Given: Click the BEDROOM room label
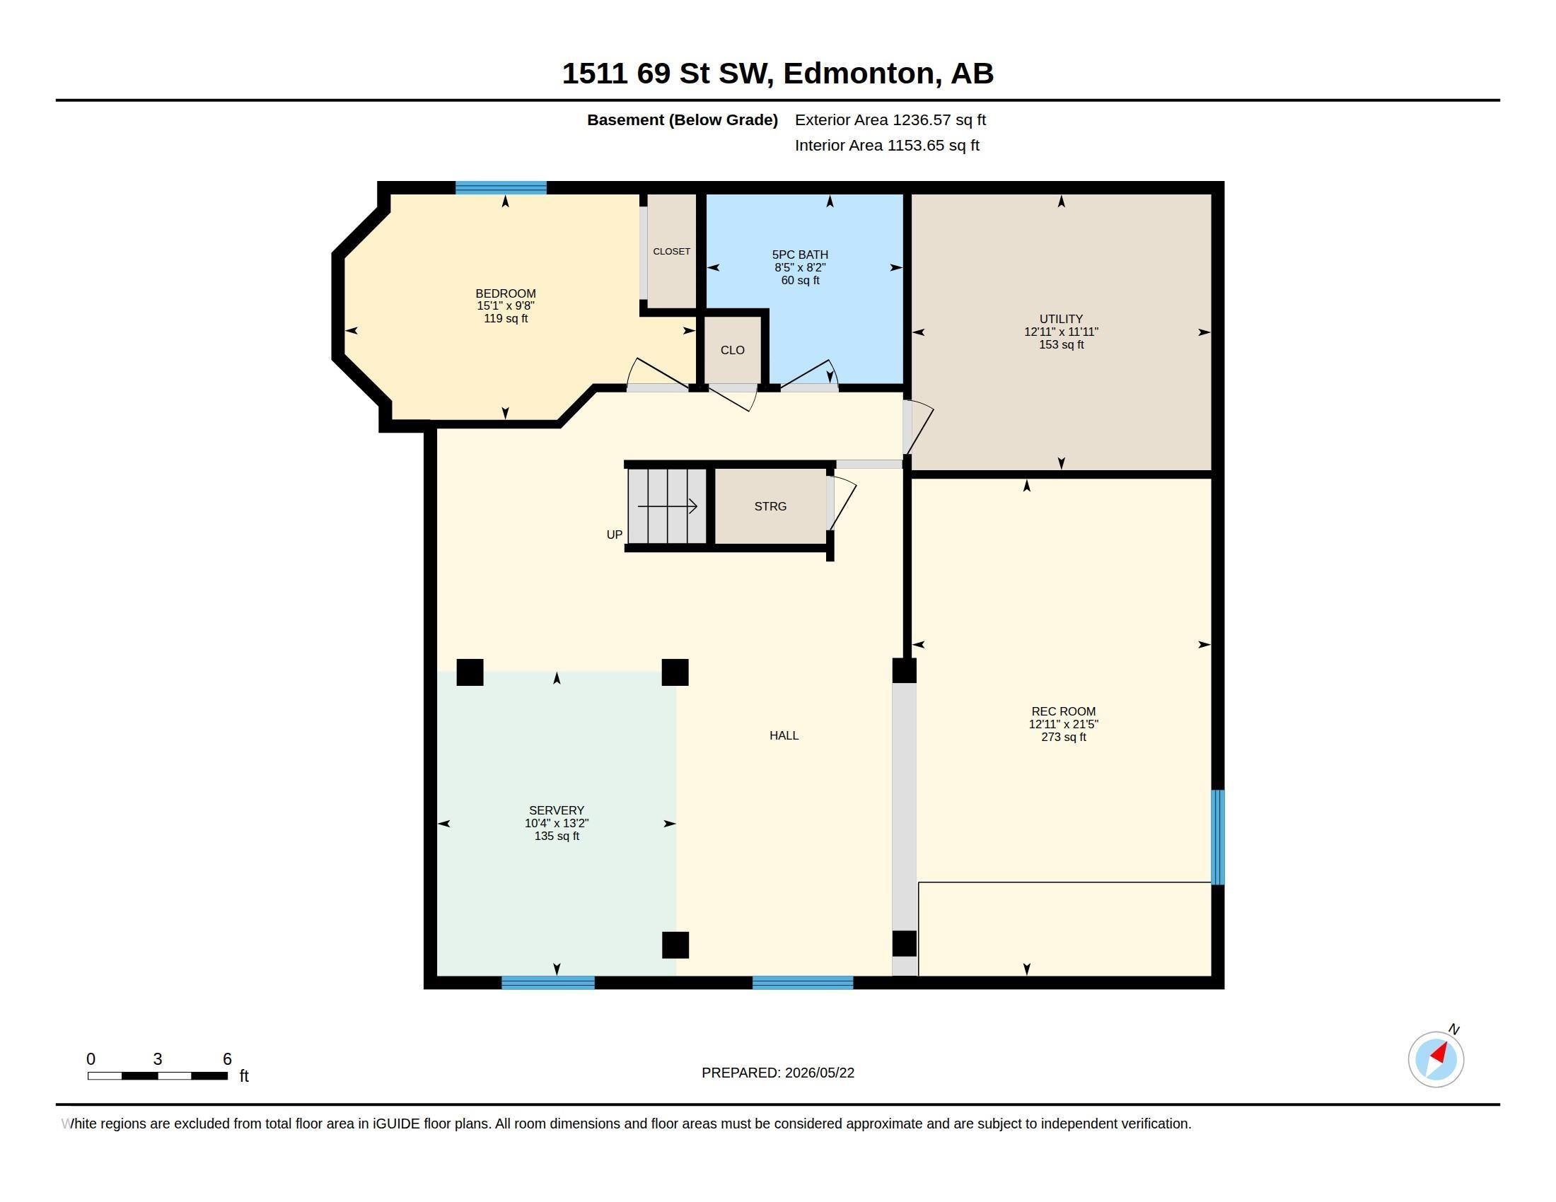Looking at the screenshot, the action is point(505,293).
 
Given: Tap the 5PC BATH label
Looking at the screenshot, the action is point(800,255).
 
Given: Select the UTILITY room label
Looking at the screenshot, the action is point(1061,319).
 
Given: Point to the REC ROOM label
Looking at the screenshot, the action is point(1063,711).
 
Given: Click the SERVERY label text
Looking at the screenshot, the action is point(557,810).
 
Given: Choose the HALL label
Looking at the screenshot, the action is point(784,735).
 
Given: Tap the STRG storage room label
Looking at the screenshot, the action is point(770,506).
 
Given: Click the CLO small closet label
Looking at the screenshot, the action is point(733,350).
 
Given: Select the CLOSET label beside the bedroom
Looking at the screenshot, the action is point(671,252).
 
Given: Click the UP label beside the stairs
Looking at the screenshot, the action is point(614,535).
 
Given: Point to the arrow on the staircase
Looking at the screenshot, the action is point(668,506).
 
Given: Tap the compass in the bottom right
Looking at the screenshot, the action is point(1436,1059).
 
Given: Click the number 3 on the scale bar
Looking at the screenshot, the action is point(158,1059).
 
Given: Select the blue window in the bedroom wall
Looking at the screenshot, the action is point(501,188).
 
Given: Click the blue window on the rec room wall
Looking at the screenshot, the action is point(1219,836).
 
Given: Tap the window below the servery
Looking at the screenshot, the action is point(548,983).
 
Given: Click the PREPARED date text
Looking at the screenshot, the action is point(777,1073).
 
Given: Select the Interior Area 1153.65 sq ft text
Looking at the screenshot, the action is point(887,145).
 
